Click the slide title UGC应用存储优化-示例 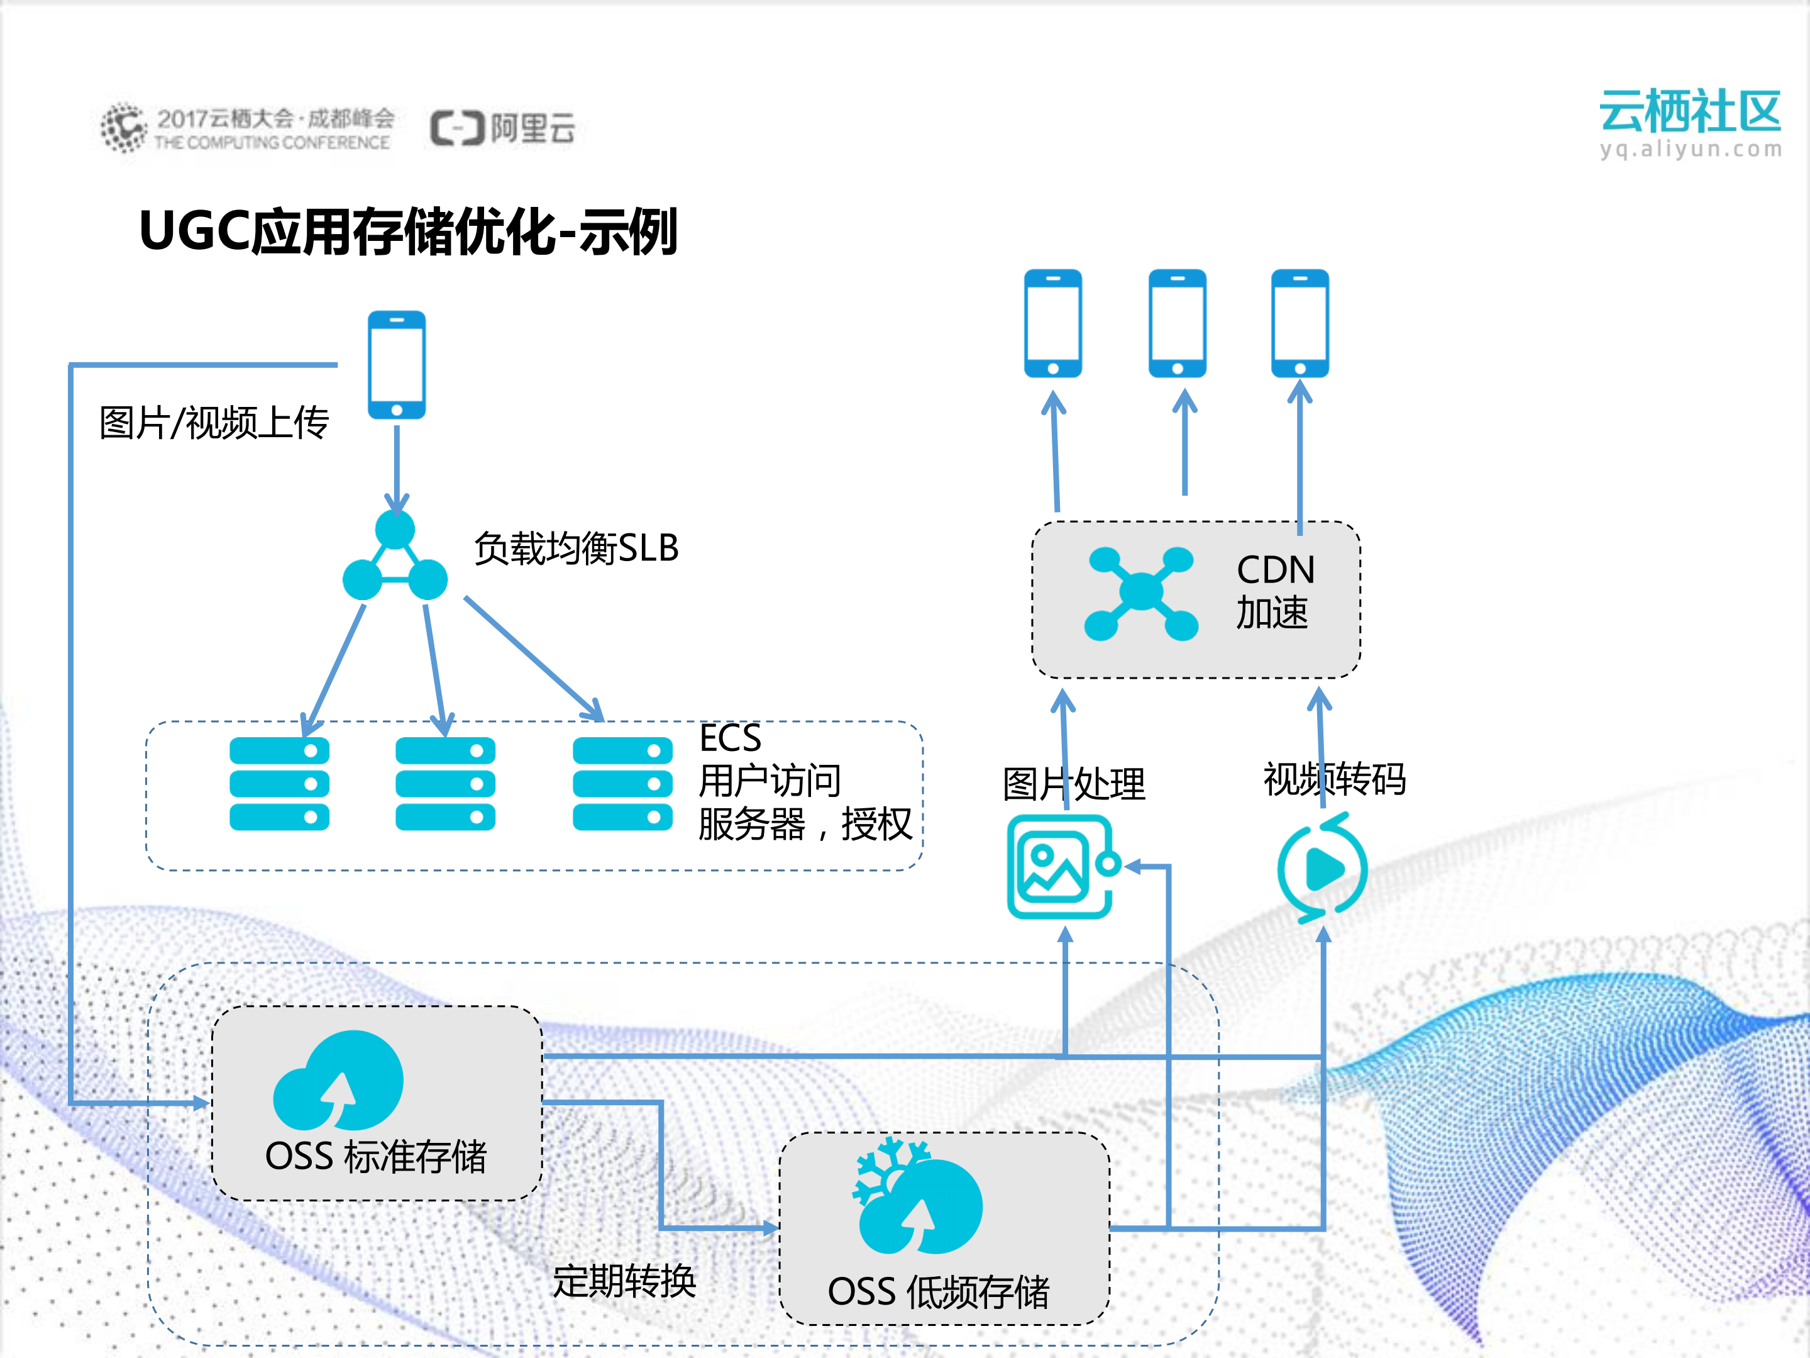(407, 231)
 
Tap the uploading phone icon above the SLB (397, 365)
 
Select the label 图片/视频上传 (214, 423)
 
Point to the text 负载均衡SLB (576, 548)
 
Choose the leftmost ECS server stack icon (279, 783)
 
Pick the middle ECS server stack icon (445, 783)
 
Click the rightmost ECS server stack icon (622, 783)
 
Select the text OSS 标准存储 (375, 1157)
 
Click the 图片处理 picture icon (1061, 867)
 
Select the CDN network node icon (1140, 593)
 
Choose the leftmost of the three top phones (1053, 323)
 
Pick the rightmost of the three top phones (1300, 323)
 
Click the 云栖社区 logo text (1690, 112)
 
